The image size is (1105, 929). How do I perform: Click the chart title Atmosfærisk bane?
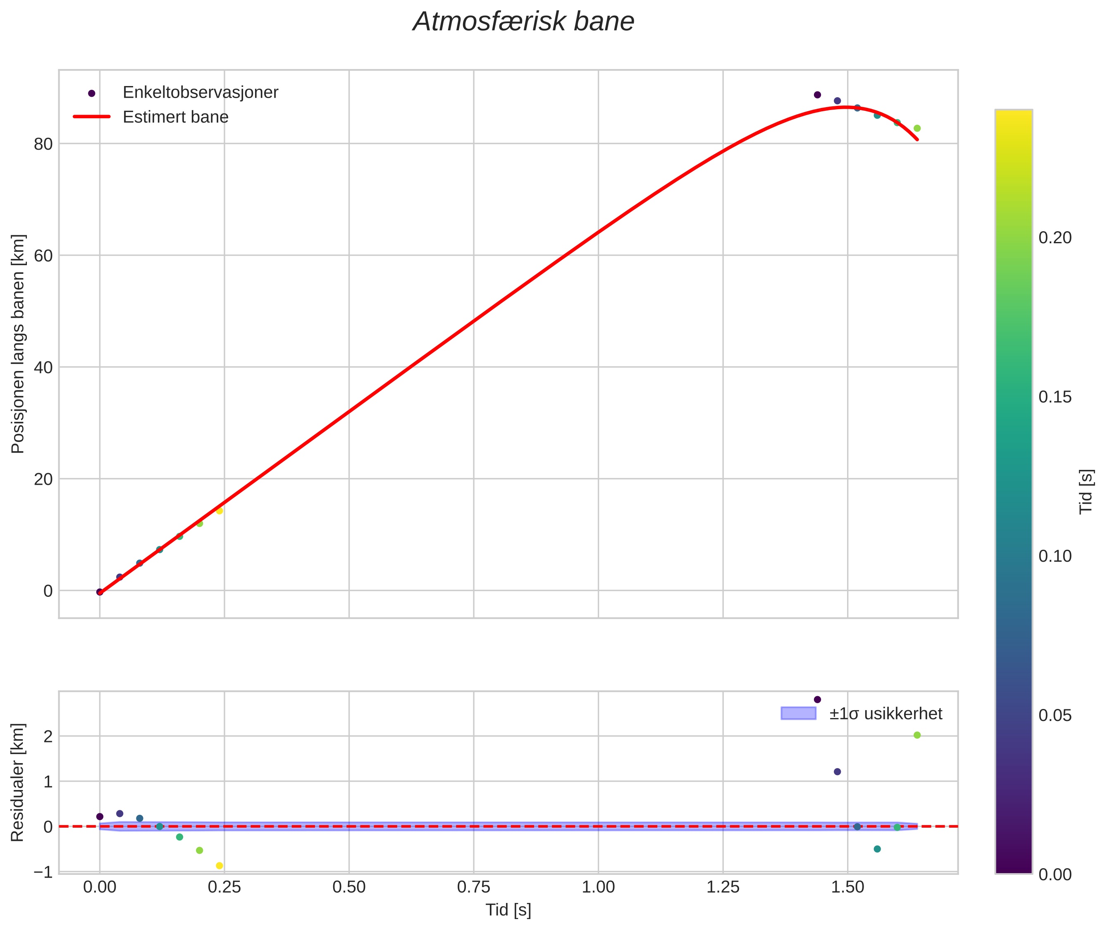(523, 22)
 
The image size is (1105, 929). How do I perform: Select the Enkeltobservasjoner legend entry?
(200, 93)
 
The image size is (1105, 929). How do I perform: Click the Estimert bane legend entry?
(175, 117)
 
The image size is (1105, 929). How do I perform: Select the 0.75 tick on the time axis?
(473, 887)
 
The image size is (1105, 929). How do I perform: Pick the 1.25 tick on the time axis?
(723, 887)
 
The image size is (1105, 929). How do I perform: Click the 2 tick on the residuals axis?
(48, 737)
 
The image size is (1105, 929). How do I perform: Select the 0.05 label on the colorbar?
(1055, 716)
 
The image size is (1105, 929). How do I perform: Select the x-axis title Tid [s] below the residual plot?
(508, 910)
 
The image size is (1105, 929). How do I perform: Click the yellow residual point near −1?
(220, 866)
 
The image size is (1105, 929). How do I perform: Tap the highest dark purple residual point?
(817, 699)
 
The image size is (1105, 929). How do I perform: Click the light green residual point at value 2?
(917, 735)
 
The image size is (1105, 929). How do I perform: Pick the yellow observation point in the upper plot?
(220, 510)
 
